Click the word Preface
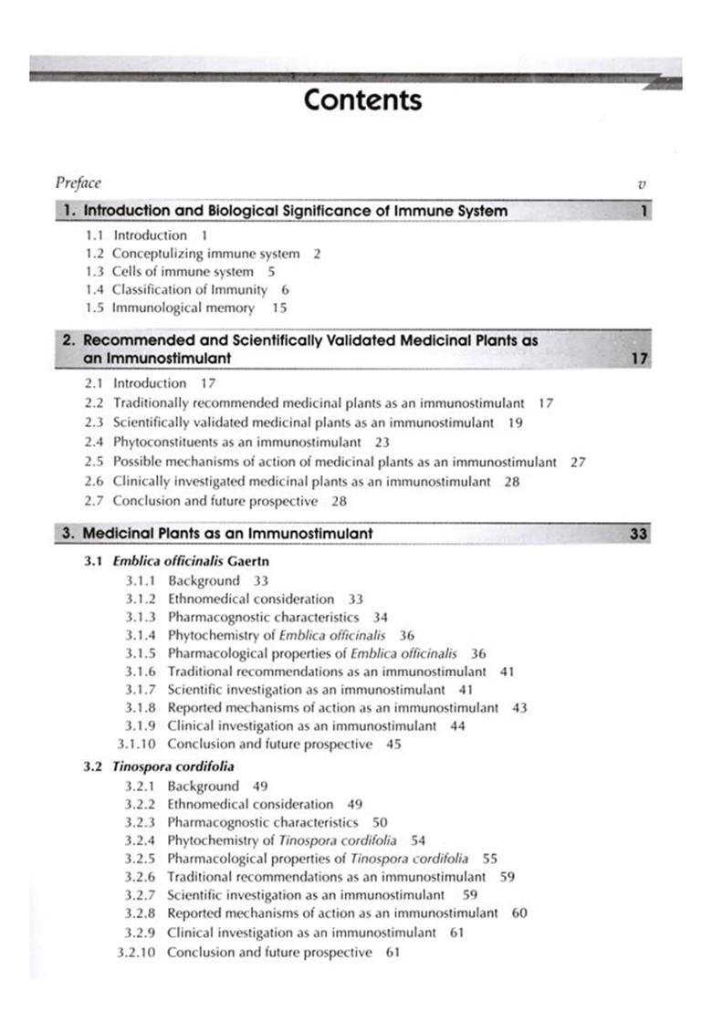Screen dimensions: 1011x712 (x=79, y=183)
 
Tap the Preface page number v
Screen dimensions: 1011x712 (x=643, y=184)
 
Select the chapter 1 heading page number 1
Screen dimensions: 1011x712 (x=644, y=212)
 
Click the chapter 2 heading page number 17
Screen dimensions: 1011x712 (x=640, y=359)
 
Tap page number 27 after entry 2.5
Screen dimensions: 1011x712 (x=577, y=462)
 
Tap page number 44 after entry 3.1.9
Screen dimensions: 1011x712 (x=457, y=725)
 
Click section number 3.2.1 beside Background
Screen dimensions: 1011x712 (x=141, y=786)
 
